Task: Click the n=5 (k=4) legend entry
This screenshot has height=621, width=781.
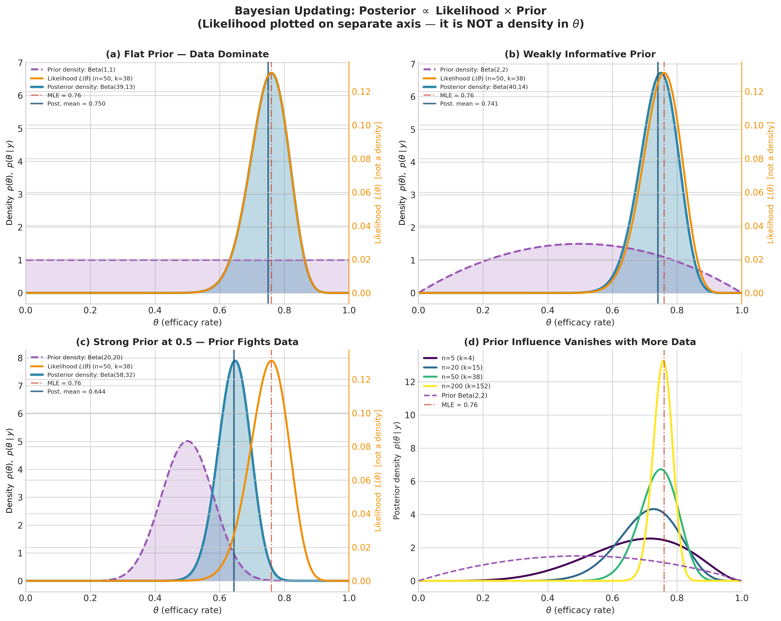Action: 458,358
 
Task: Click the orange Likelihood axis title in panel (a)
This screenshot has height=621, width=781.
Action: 378,183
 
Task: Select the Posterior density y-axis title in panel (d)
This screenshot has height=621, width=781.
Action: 397,470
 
